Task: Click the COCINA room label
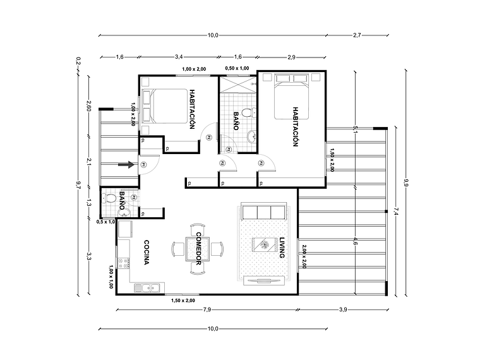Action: coord(146,253)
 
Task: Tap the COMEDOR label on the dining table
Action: coord(198,247)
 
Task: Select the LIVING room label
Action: coord(282,248)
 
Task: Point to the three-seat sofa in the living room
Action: coord(263,212)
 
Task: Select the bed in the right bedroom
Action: coord(292,97)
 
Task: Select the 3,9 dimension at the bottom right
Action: coord(342,310)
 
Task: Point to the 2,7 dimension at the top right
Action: coord(357,35)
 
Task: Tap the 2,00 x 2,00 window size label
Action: coord(304,257)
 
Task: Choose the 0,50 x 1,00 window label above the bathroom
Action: coord(237,68)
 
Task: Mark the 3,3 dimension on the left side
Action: coord(89,256)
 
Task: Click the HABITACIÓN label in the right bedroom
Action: coord(295,126)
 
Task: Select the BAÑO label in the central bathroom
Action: coord(235,121)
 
